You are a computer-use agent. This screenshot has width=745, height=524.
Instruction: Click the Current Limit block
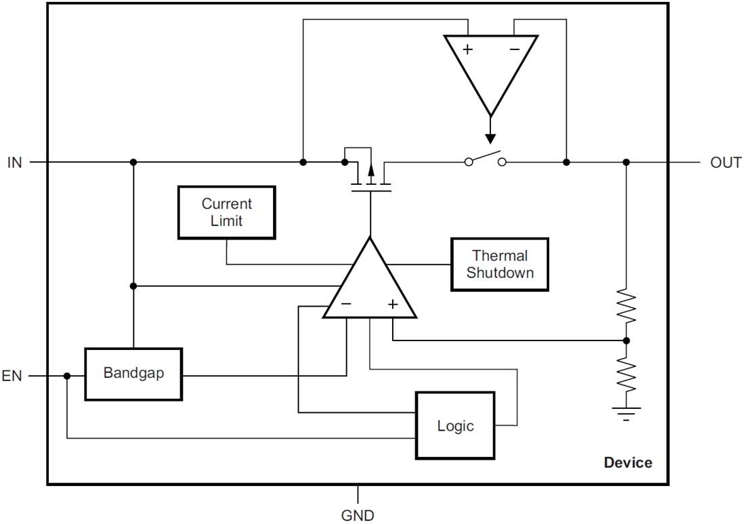tap(226, 213)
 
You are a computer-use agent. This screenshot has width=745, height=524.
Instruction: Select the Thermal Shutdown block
tap(499, 264)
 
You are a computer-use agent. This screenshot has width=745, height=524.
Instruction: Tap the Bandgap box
tap(133, 374)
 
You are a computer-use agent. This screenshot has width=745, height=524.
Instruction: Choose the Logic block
tap(456, 426)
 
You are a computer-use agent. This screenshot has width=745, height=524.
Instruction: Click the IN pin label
tap(15, 162)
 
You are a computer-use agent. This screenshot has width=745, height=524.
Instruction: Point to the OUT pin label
tap(725, 162)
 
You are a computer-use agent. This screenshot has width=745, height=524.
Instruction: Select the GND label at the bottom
tap(358, 516)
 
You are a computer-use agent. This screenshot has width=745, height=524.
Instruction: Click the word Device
tap(628, 463)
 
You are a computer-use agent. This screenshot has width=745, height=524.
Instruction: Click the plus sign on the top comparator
tap(467, 49)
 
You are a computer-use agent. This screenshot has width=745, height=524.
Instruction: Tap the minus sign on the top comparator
tap(515, 49)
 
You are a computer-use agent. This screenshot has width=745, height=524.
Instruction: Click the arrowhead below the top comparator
tap(490, 138)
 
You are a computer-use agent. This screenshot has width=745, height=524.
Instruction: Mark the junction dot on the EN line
tap(67, 376)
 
